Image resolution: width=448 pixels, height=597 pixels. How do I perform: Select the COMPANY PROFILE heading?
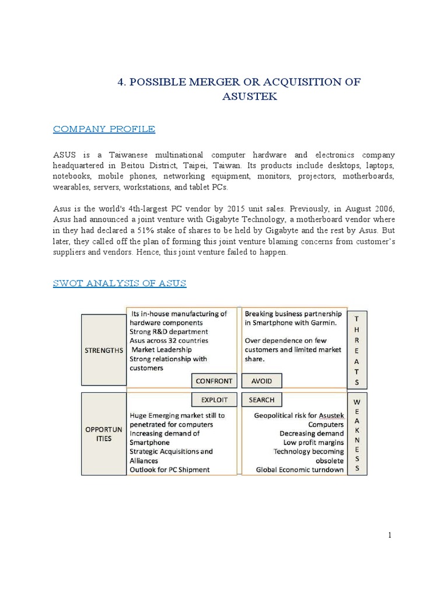[104, 129]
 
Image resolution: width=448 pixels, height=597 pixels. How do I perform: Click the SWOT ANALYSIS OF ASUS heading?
[120, 283]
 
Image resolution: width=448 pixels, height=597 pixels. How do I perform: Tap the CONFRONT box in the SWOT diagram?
[214, 381]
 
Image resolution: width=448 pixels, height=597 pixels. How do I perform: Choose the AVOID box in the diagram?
[261, 381]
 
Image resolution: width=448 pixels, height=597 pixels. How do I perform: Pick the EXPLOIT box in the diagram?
[214, 400]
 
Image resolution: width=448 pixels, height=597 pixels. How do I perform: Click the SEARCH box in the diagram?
[261, 400]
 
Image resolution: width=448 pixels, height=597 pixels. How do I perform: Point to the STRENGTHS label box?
[103, 350]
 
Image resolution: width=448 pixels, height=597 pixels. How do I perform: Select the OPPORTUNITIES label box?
[103, 434]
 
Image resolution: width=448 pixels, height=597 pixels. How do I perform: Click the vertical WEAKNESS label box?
[358, 436]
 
